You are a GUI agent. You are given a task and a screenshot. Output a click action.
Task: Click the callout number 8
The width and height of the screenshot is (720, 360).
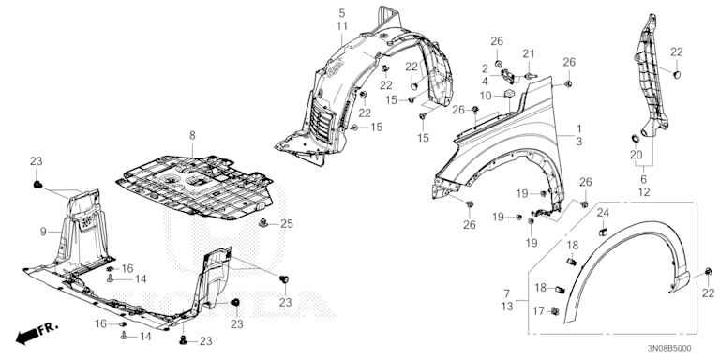point(191,136)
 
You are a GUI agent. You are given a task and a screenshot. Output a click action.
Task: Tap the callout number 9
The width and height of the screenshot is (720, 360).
point(42,231)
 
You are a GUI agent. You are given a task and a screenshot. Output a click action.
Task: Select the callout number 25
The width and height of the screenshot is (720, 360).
point(288,223)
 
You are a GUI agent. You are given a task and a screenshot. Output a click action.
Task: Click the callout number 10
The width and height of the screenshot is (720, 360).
point(487,96)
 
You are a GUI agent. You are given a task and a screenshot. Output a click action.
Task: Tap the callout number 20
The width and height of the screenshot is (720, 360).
point(636,155)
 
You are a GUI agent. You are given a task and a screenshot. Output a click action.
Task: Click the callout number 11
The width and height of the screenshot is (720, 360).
point(342,26)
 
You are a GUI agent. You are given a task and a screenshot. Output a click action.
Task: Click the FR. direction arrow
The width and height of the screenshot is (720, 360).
point(34,332)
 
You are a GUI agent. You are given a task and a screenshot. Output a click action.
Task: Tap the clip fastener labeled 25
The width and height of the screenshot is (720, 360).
point(266,224)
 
